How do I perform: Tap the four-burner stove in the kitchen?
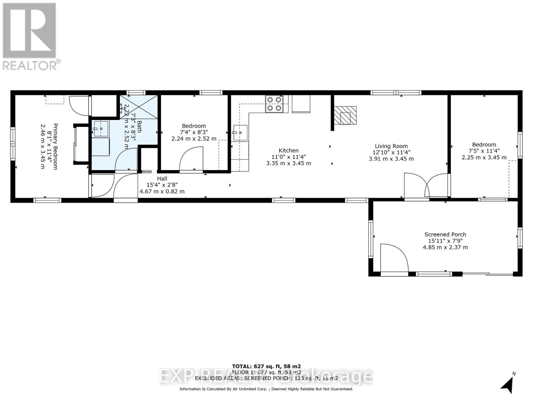pyautogui.click(x=274, y=104)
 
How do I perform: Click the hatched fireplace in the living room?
pyautogui.click(x=345, y=115)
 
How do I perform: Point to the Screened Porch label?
pyautogui.click(x=445, y=234)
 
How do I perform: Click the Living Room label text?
pyautogui.click(x=391, y=146)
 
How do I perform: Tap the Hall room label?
pyautogui.click(x=162, y=179)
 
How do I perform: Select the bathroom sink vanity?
pyautogui.click(x=101, y=129)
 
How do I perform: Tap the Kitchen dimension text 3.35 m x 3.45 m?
pyautogui.click(x=288, y=163)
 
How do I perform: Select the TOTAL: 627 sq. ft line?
pyautogui.click(x=266, y=366)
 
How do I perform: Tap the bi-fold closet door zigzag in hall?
pyautogui.click(x=147, y=172)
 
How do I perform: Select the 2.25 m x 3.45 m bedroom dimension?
pyautogui.click(x=484, y=157)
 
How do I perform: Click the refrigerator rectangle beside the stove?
pyautogui.click(x=301, y=104)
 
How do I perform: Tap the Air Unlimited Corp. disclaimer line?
pyautogui.click(x=266, y=389)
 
